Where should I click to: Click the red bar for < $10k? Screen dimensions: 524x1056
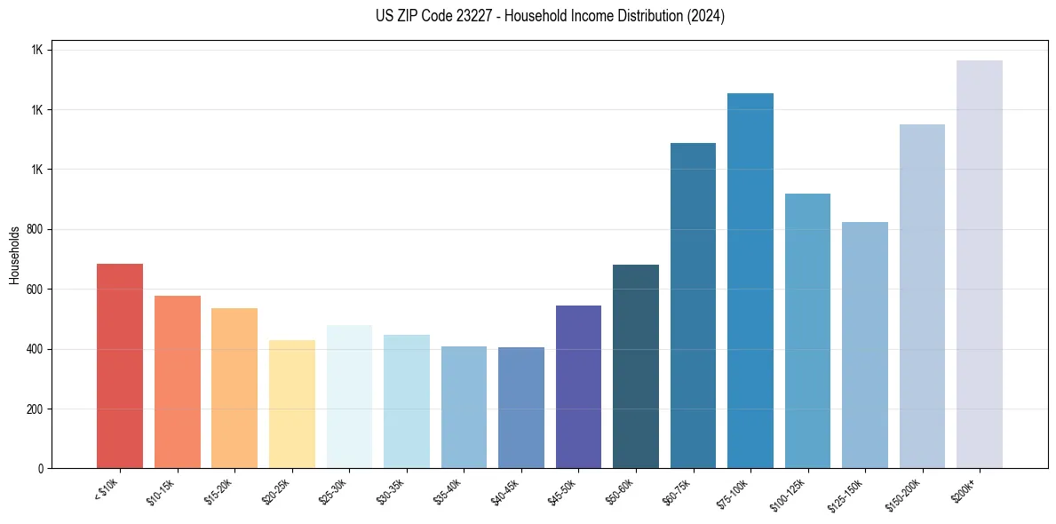pyautogui.click(x=120, y=366)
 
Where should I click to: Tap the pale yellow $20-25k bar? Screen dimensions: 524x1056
pyautogui.click(x=291, y=404)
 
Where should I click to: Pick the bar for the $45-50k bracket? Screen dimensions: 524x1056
pyautogui.click(x=578, y=386)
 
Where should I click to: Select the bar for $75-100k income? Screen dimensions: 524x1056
pyautogui.click(x=750, y=281)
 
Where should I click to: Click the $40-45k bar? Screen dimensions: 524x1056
pyautogui.click(x=521, y=408)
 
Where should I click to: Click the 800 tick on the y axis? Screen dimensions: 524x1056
pyautogui.click(x=35, y=229)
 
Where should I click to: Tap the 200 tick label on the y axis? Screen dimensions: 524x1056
pyautogui.click(x=35, y=409)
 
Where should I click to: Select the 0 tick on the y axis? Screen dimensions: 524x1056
pyautogui.click(x=40, y=469)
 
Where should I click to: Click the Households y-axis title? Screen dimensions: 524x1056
pyautogui.click(x=14, y=254)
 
